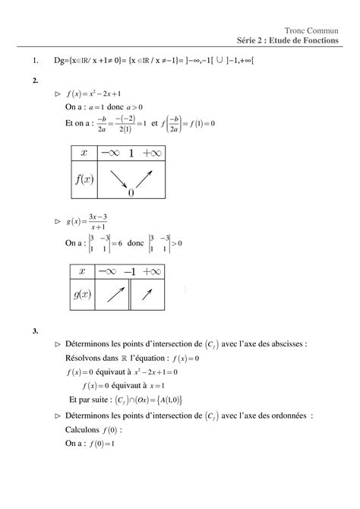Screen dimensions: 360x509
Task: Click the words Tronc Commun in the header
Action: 318,29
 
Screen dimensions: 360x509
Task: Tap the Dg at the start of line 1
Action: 58,61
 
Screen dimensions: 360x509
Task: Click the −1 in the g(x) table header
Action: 129,272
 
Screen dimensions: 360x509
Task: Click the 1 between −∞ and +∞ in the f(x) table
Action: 131,154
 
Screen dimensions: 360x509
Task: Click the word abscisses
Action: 286,344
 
